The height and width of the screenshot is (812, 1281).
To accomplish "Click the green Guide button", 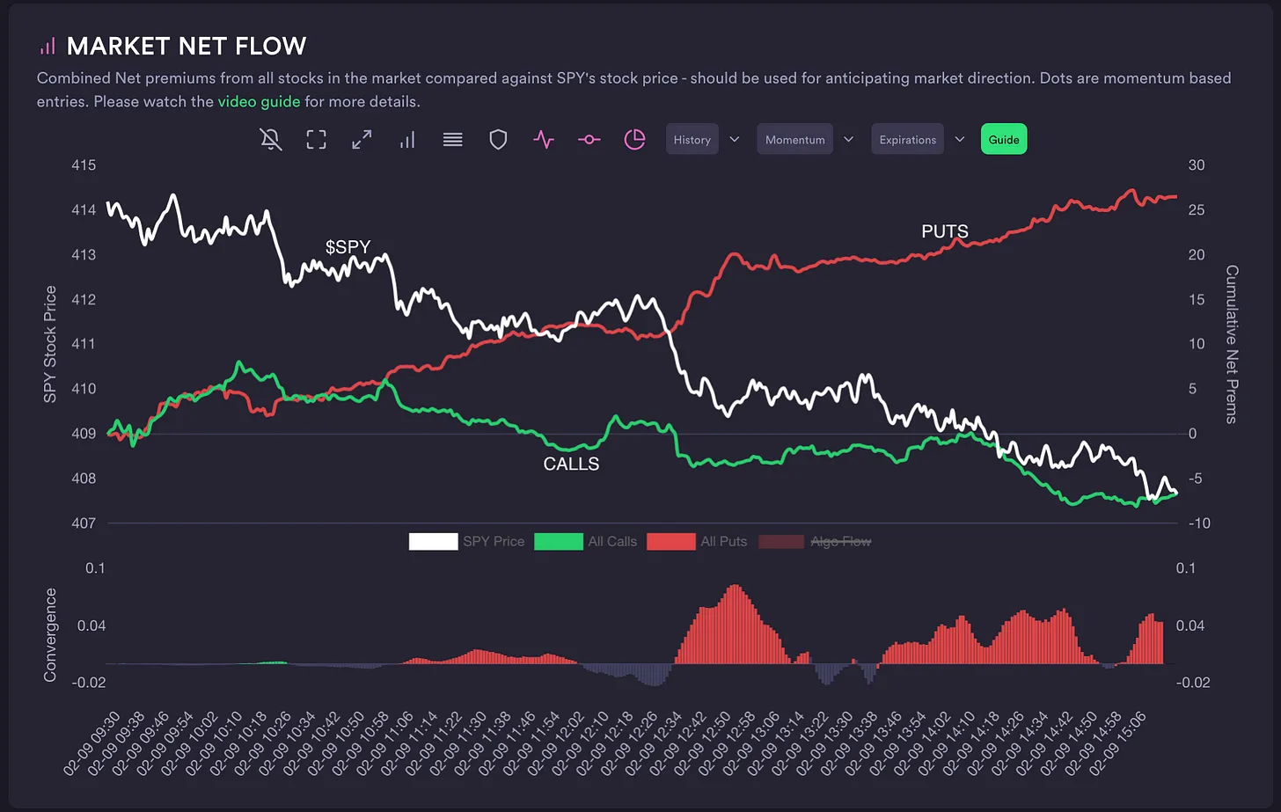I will pos(1003,140).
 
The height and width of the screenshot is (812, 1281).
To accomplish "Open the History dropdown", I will pos(692,140).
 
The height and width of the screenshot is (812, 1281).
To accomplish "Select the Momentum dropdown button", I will pos(794,140).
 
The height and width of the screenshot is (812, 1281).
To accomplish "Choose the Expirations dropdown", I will pos(907,140).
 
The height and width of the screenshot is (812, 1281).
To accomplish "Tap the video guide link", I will pos(259,101).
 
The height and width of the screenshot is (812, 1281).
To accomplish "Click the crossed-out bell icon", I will pos(271,140).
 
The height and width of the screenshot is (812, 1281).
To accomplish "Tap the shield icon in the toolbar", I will pos(498,140).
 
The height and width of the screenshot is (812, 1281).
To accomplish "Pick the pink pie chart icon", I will pos(634,140).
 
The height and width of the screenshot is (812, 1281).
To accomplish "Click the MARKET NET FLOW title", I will pos(187,46).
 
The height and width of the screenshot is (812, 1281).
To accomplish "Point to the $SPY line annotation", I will pos(348,247).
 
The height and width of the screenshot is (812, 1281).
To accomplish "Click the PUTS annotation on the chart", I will pos(944,231).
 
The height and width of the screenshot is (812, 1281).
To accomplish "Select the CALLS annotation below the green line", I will pos(571,464).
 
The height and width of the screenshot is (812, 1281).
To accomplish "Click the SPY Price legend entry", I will pos(493,542).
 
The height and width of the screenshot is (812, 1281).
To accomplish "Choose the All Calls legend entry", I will pos(611,542).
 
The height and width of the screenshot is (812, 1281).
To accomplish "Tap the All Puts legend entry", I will pos(723,542).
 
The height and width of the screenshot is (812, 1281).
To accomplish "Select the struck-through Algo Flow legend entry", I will pos(840,542).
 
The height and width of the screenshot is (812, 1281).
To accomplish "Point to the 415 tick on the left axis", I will pos(84,165).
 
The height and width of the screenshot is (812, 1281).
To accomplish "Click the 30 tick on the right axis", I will pos(1196,165).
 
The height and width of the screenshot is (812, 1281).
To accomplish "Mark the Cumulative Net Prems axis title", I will pos(1232,344).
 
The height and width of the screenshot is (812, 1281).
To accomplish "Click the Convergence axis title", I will pos(50,634).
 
